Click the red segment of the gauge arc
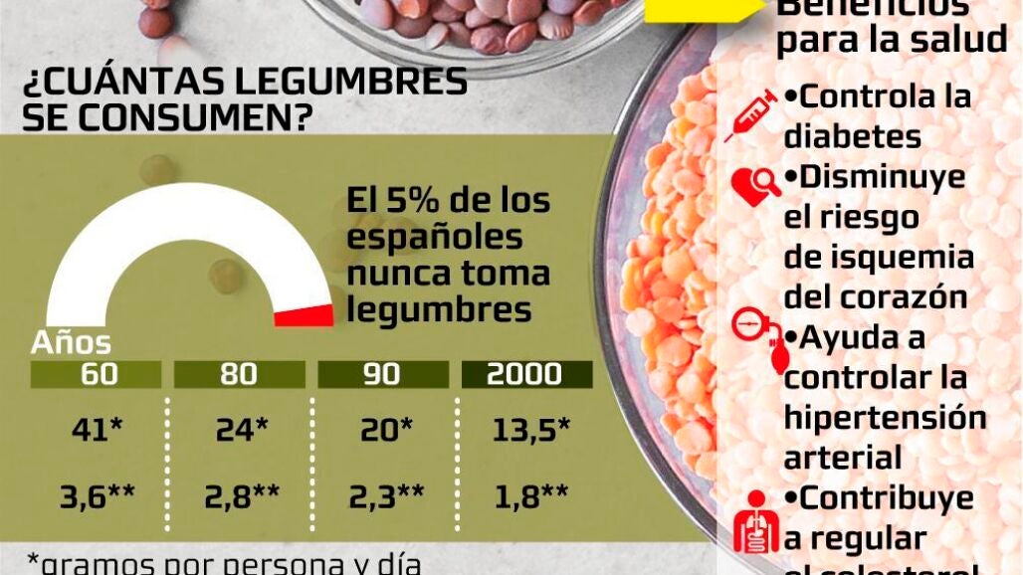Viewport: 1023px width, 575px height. point(305,315)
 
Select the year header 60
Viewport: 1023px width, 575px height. point(96,374)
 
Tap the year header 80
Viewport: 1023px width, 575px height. point(239,374)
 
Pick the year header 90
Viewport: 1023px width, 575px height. point(382,374)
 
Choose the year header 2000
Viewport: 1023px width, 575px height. point(526,374)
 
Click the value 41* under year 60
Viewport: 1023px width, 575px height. point(97,430)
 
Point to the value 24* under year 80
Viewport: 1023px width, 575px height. point(242,430)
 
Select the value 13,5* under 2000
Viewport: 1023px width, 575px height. point(530,430)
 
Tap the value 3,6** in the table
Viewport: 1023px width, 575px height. point(97,496)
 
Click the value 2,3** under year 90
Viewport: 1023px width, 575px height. point(386,496)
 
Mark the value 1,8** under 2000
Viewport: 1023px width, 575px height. point(530,496)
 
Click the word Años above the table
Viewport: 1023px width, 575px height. point(71,343)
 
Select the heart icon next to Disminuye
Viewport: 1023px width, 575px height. point(755,186)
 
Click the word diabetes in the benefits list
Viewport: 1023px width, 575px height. point(852,136)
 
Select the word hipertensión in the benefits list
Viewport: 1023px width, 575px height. point(885,417)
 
